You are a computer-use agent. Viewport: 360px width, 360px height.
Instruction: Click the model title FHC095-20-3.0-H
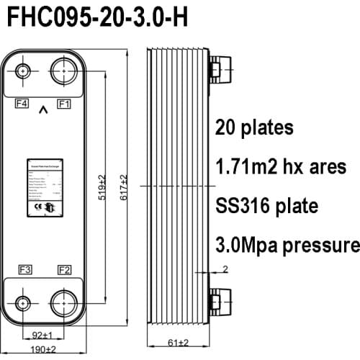point(97,18)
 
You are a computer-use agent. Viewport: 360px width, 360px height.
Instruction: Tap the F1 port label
point(64,104)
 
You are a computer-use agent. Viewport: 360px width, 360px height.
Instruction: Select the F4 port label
point(23,104)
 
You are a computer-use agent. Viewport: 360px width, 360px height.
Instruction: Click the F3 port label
point(24,270)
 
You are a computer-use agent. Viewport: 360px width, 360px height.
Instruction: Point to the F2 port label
point(64,270)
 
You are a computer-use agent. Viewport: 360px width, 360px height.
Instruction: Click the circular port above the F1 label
point(64,73)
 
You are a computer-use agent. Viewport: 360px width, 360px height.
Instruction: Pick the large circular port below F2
point(64,301)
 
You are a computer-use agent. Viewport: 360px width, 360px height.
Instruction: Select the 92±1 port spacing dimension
point(44,335)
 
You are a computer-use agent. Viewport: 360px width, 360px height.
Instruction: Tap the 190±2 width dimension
point(44,349)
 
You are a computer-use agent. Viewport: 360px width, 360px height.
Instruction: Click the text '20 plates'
point(254,128)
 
